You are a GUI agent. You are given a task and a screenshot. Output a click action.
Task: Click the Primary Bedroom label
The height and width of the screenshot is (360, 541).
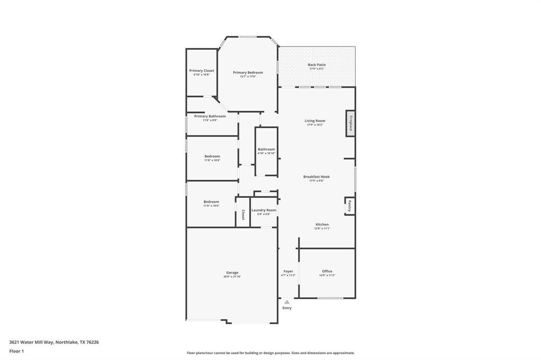click(x=248, y=73)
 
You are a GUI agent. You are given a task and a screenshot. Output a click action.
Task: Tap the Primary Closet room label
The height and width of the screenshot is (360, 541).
click(x=202, y=71)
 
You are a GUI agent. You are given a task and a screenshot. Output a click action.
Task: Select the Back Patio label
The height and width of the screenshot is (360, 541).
click(x=317, y=65)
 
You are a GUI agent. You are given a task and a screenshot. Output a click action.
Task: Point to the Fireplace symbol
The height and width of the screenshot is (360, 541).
click(x=350, y=123)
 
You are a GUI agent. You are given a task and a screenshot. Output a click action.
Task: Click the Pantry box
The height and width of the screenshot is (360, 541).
click(x=349, y=206)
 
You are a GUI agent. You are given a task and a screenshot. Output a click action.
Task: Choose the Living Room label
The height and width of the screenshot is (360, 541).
click(x=315, y=121)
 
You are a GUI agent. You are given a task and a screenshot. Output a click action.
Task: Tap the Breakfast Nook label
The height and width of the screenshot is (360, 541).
click(x=316, y=177)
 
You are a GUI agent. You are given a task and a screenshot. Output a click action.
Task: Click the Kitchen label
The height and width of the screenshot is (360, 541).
click(x=322, y=224)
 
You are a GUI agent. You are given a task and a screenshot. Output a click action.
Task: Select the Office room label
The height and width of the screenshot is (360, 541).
click(x=327, y=271)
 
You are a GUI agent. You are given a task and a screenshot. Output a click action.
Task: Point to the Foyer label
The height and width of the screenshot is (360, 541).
click(x=288, y=271)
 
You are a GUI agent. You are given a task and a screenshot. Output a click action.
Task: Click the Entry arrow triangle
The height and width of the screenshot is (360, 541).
click(x=287, y=302)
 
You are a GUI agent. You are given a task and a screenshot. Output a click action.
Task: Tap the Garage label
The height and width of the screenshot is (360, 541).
click(x=232, y=273)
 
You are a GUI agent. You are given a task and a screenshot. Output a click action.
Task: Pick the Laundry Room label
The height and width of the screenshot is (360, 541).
click(x=264, y=210)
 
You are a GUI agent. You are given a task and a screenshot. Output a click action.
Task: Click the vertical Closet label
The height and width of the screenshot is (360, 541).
click(x=243, y=214)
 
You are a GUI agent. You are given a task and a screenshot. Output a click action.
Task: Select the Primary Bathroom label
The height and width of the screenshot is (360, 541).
click(x=210, y=116)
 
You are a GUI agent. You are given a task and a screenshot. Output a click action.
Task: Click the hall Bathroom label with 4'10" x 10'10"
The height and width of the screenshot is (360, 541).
click(x=266, y=149)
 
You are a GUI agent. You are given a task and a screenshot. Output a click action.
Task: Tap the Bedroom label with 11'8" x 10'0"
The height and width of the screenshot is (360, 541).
click(x=212, y=156)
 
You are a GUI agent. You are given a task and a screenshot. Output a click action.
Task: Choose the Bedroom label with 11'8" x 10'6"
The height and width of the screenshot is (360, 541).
click(x=211, y=202)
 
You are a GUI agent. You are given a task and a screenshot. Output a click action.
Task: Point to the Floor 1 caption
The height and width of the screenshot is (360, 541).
click(x=16, y=351)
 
